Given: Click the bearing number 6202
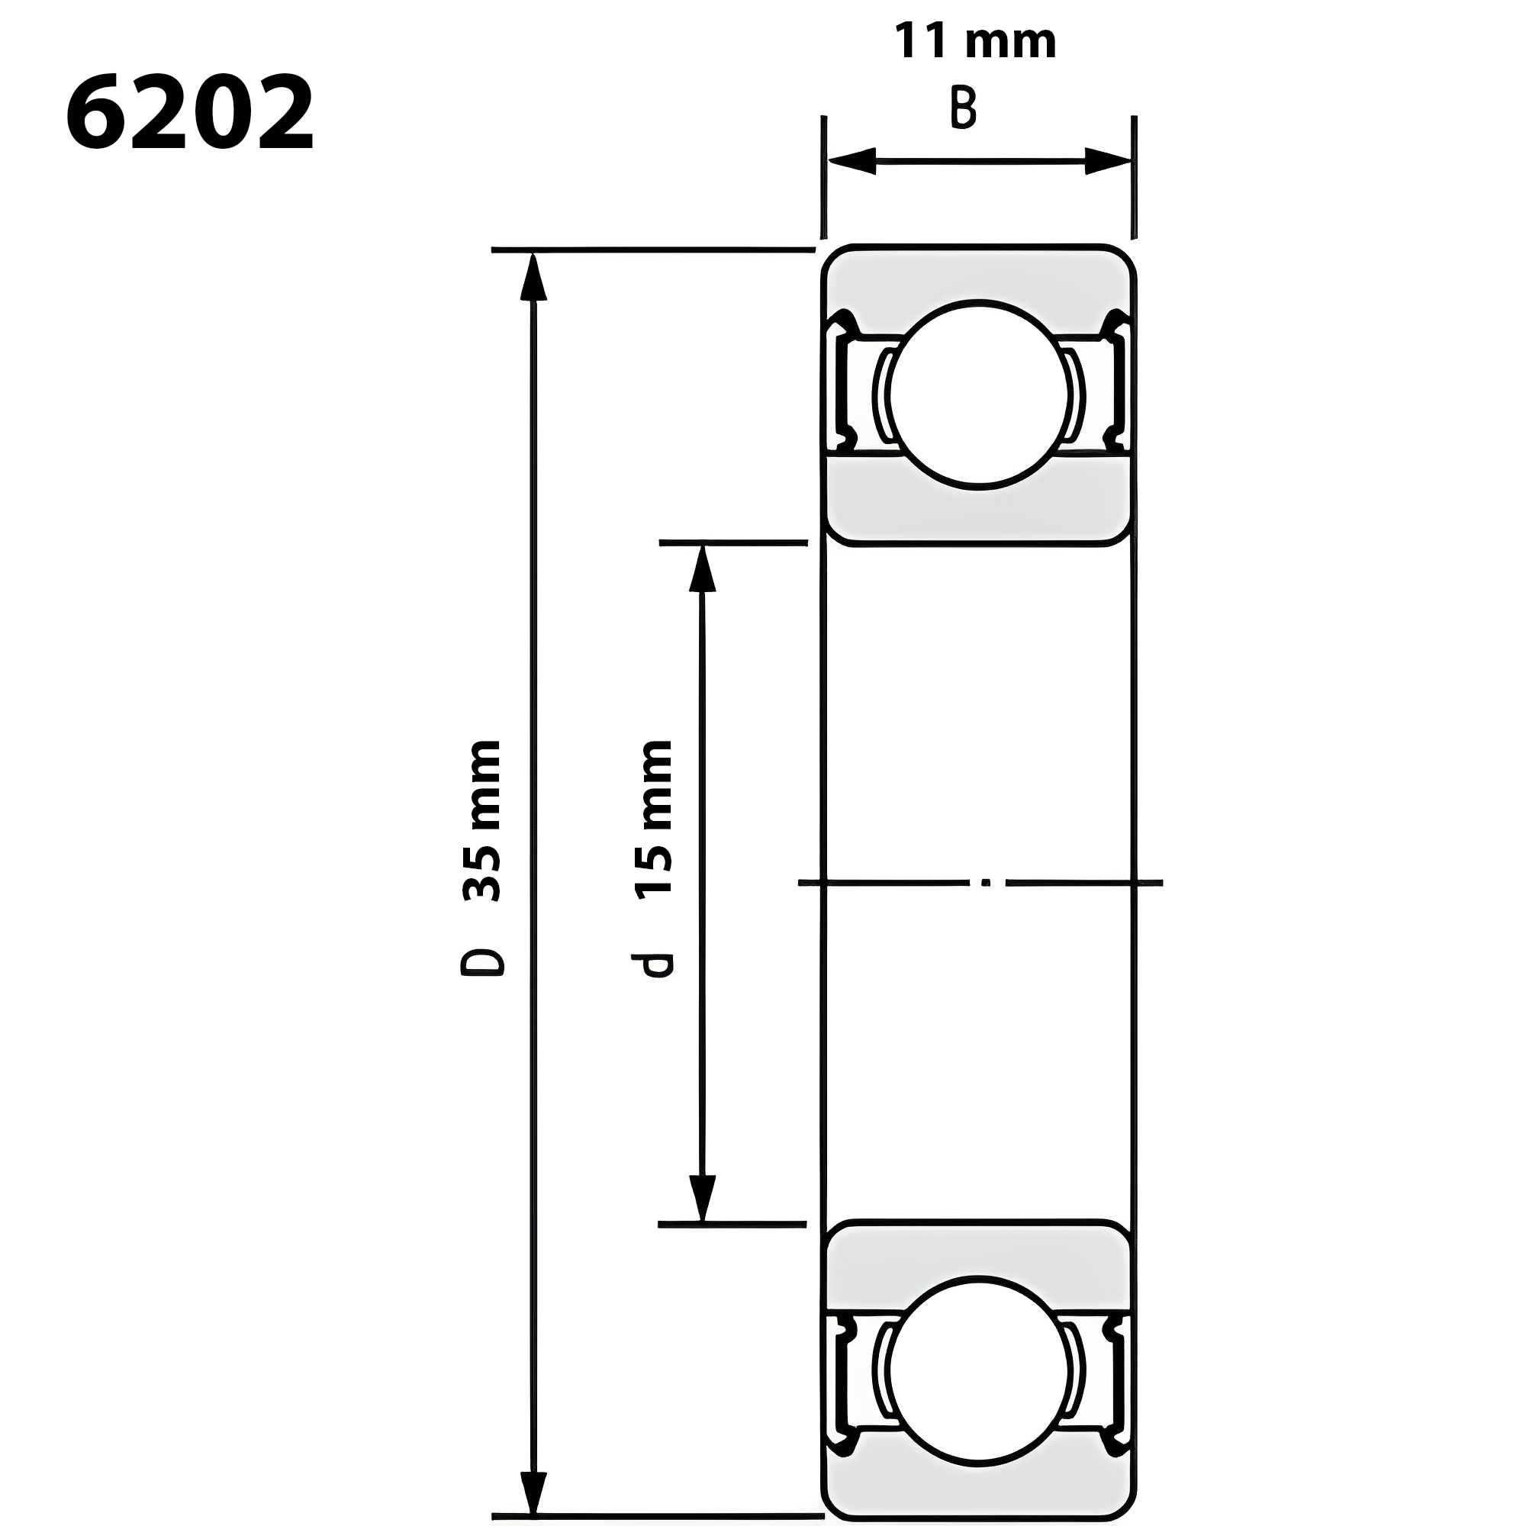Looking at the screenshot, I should pos(189,114).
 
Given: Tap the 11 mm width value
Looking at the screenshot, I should pos(974,43).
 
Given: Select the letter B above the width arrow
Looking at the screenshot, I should pos(963,109).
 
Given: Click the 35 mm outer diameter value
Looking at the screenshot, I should pos(481,822).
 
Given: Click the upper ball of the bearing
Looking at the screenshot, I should pos(978,395).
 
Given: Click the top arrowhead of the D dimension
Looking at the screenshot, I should pos(534,276).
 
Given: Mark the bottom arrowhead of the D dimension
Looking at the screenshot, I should pos(534,1493).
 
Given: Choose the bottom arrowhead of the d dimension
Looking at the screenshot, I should pos(702,1196).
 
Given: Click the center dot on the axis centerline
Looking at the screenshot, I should pos(986,882).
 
